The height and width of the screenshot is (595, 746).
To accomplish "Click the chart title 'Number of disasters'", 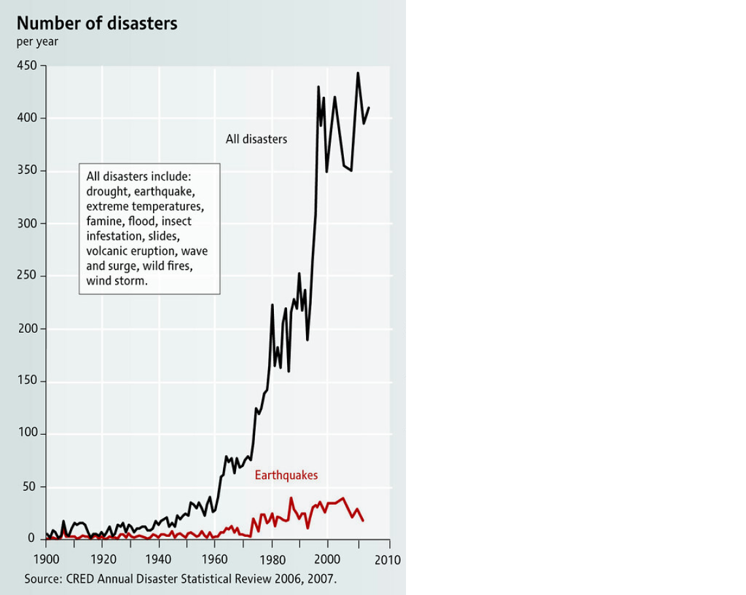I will click(x=97, y=24).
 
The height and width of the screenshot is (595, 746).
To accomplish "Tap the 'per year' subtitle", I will click(x=37, y=42).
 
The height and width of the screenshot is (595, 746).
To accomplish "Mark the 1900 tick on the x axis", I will click(x=46, y=560).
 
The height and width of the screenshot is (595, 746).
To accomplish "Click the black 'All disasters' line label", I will click(x=256, y=139).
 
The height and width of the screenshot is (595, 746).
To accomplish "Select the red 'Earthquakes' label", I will click(x=286, y=475).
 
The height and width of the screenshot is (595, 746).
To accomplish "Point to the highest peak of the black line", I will click(x=358, y=73).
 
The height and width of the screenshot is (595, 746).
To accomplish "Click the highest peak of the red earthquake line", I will click(x=291, y=498).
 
